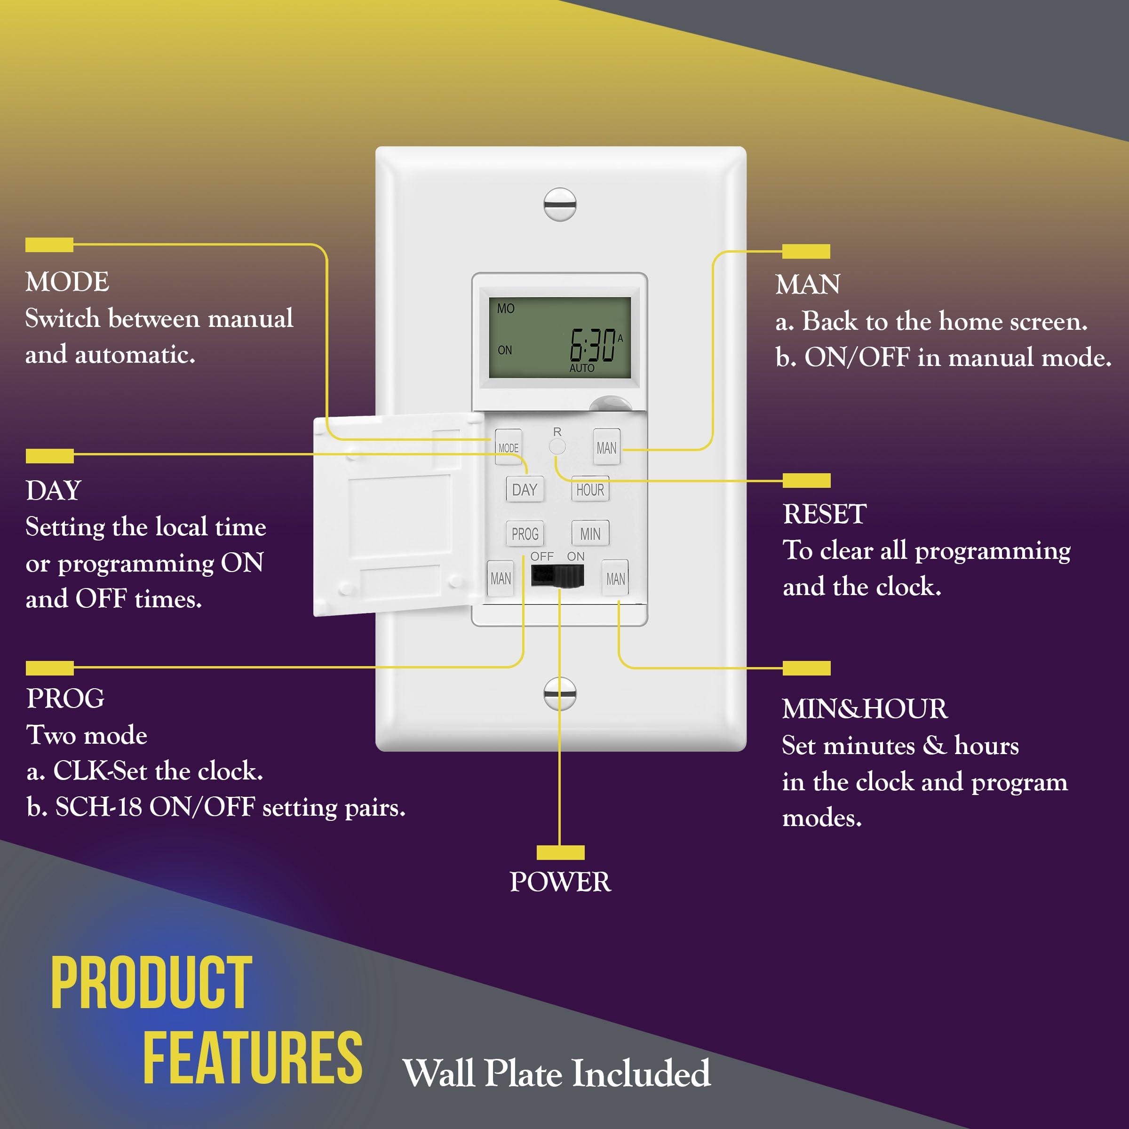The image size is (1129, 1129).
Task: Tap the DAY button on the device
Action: click(x=524, y=490)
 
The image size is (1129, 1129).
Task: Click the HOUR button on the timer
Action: click(x=590, y=490)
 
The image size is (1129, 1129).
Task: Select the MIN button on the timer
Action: click(x=590, y=533)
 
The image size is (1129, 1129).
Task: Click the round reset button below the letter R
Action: click(x=557, y=447)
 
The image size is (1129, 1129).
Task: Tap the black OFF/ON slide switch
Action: click(x=557, y=576)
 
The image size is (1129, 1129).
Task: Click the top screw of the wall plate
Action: click(x=560, y=205)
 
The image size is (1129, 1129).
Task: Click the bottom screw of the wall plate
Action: click(x=560, y=694)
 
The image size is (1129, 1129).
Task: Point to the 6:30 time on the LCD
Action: click(x=593, y=345)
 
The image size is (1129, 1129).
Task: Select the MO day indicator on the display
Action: click(x=506, y=308)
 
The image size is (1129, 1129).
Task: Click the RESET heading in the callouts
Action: click(x=825, y=514)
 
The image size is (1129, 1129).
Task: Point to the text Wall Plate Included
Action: click(x=557, y=1073)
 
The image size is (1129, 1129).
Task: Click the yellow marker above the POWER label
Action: click(x=560, y=852)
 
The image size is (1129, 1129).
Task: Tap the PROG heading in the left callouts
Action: click(x=65, y=698)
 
